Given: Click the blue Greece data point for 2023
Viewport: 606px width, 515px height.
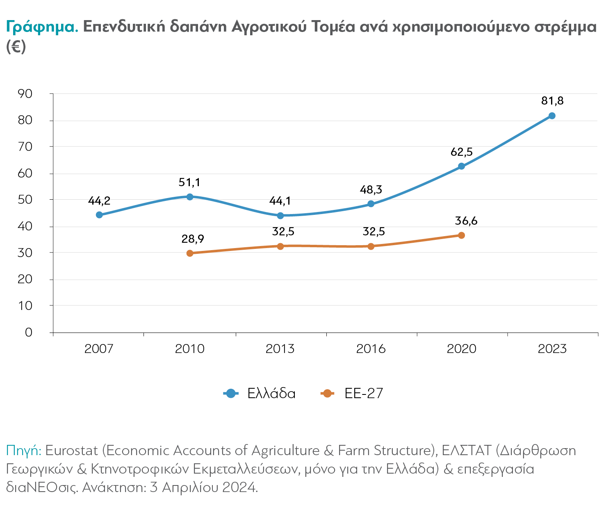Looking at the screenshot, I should pos(552,116).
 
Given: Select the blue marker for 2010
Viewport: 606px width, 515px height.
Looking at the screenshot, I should pos(189,197).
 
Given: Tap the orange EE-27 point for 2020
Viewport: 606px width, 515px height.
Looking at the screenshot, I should pos(461,235).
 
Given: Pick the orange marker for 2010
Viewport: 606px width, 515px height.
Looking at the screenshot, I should pos(189,253).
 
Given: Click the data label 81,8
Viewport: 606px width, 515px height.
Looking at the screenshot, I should pos(552,101).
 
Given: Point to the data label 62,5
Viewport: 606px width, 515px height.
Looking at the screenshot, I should pos(461,152).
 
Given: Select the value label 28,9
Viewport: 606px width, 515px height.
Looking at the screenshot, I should pos(193,239).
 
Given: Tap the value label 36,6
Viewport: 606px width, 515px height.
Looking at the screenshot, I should pos(466,221).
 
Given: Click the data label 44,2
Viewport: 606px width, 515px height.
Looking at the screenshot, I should pos(99,201).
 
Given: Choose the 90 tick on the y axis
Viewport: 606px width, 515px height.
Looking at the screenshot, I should pos(25,94).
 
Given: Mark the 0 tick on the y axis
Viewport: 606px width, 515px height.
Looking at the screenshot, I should pos(28,332).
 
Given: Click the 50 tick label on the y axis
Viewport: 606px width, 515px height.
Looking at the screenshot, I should pos(25,200).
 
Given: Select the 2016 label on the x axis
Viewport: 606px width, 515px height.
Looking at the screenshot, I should pos(371,349).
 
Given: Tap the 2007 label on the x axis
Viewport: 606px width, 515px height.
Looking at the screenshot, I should pos(99,349).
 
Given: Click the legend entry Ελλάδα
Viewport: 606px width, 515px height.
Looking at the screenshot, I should pos(271,394).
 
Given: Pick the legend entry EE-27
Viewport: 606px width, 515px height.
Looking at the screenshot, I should pos(364,394).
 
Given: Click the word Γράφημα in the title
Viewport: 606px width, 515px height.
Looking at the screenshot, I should pos(42,27).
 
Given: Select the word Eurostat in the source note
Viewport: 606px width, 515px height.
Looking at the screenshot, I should pos(72,451).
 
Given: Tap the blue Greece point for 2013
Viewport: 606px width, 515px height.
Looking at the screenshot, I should pos(280,216).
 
